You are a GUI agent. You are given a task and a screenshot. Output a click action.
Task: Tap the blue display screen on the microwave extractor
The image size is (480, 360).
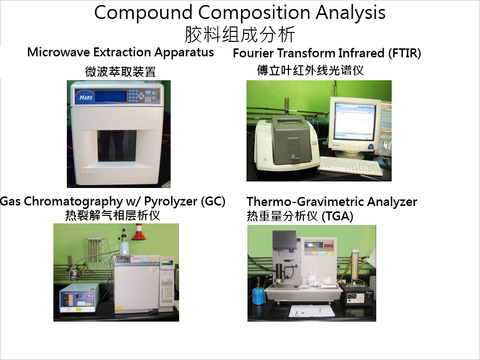click(x=110, y=96)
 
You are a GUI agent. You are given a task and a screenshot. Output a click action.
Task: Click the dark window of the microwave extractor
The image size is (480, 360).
click(x=117, y=145)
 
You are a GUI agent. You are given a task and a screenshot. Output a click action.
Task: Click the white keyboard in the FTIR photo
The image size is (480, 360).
click(x=350, y=166)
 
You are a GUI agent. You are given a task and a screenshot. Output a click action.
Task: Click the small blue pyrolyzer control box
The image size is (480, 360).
click(x=80, y=298)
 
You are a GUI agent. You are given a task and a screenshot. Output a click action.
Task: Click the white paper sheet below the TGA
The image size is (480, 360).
click(x=312, y=311)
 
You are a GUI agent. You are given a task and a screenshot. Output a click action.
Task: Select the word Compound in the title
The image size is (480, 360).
click(x=143, y=13)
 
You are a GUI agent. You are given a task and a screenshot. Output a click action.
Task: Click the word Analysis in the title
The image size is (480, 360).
click(x=350, y=13)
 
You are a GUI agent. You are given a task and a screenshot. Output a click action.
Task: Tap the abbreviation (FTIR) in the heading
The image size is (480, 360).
click(x=405, y=53)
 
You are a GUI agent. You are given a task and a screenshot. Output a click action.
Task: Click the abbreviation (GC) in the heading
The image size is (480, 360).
click(x=213, y=201)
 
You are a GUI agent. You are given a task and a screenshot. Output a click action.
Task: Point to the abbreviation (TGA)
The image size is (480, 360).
click(x=337, y=216)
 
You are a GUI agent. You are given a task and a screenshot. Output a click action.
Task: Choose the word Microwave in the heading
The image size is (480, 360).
click(x=59, y=52)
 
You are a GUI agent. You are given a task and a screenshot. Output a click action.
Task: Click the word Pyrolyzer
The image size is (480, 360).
click(x=171, y=201)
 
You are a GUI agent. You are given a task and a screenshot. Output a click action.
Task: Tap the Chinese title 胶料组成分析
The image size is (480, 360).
click(x=240, y=34)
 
